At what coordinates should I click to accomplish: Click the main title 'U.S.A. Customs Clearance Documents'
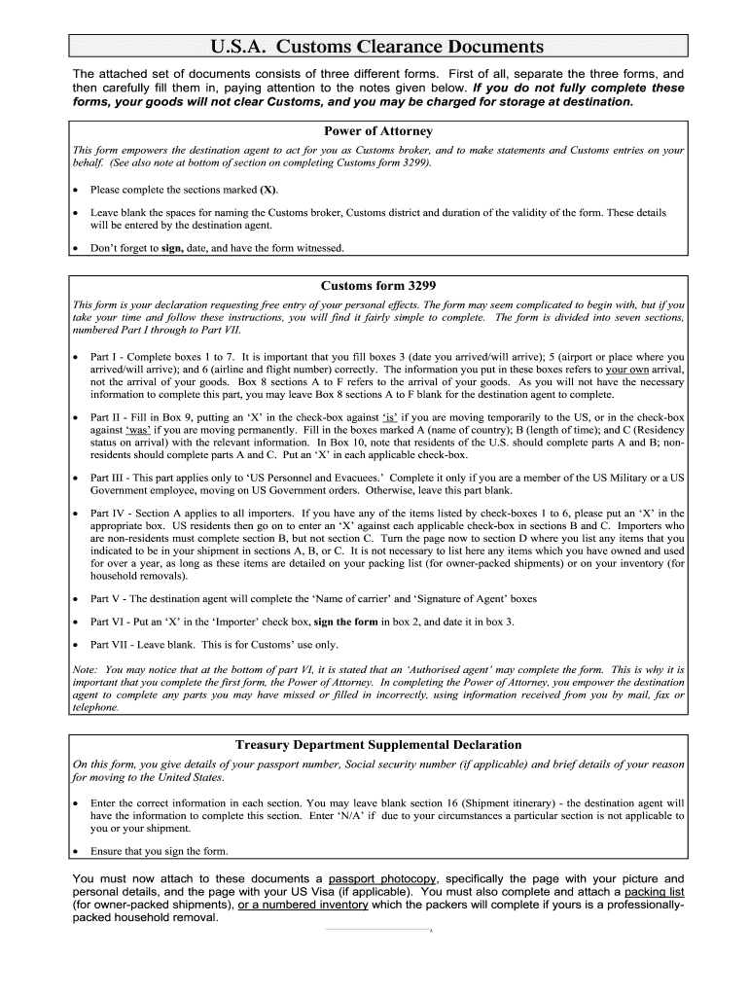(377, 47)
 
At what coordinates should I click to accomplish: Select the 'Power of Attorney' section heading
(377, 131)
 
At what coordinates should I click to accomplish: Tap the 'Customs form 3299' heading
(377, 286)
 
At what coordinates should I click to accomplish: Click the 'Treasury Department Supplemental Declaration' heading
(377, 745)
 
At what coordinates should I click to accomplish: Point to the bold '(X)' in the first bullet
(267, 190)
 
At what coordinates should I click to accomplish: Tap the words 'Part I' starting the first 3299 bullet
(104, 357)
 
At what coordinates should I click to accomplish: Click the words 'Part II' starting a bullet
(106, 416)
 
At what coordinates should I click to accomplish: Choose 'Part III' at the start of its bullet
(108, 478)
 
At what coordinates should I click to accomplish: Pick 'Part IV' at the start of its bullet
(108, 513)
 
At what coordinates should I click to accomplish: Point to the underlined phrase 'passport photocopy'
(382, 878)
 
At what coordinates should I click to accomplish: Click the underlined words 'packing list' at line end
(654, 891)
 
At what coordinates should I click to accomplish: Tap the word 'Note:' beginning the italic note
(87, 670)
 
